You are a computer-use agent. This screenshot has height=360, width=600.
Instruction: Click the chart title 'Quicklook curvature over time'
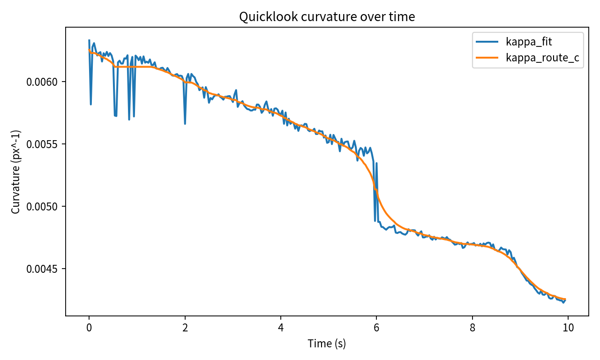(327, 17)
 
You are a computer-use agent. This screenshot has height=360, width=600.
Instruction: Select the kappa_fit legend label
(529, 42)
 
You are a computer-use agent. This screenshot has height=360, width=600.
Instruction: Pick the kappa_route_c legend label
(542, 58)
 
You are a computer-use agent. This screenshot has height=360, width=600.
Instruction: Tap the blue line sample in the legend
(487, 42)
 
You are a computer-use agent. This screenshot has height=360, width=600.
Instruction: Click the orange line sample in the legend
(487, 58)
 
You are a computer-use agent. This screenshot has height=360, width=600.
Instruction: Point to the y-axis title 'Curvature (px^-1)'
(16, 172)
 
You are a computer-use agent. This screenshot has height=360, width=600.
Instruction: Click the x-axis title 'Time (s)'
(327, 344)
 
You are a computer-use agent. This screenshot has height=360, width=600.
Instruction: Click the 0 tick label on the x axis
(89, 327)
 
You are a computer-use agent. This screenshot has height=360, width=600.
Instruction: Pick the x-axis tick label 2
(185, 327)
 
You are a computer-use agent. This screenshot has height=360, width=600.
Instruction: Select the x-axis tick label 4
(281, 327)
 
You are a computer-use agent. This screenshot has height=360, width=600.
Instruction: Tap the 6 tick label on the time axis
(376, 327)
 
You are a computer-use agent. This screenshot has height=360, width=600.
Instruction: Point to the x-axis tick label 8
(472, 327)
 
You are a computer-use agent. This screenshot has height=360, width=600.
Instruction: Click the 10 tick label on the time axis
(568, 327)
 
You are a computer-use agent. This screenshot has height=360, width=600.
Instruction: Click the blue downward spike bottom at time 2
(185, 124)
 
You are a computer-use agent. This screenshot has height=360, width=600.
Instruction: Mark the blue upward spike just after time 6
(376, 163)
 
